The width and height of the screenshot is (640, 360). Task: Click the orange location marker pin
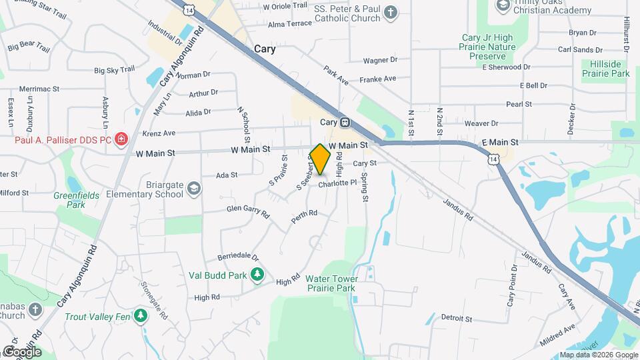point(321,159)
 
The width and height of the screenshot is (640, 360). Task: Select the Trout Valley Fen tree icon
point(140,315)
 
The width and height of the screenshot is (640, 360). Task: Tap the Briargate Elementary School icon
point(193,187)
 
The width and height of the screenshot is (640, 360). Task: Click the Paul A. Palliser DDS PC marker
point(121,139)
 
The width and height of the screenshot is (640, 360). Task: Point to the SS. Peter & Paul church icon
point(391,11)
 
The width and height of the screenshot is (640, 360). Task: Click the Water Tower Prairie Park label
point(332,283)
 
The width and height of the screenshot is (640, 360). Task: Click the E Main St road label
point(500,143)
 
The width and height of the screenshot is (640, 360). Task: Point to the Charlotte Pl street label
point(333,185)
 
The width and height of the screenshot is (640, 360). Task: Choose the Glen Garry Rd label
point(247,211)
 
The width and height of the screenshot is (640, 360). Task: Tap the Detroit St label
point(456,319)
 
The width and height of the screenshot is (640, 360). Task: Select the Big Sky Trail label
point(114,69)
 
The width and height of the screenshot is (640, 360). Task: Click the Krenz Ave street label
point(159,133)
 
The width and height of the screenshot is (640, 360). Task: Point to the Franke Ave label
point(378,79)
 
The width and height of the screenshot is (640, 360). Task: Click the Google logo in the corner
point(23,351)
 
